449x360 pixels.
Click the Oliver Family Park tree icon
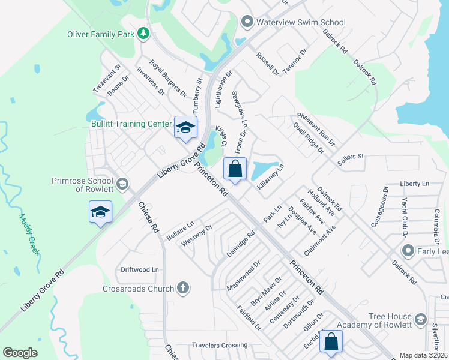click(143, 34)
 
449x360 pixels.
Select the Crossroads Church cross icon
click(184, 289)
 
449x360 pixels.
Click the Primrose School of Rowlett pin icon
click(122, 184)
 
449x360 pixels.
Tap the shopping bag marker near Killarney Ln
click(235, 169)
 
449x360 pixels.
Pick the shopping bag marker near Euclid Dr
click(331, 342)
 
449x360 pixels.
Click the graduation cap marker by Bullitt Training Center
click(185, 128)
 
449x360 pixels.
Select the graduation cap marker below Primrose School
click(100, 212)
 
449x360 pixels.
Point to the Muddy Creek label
click(29, 235)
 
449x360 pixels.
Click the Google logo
click(20, 352)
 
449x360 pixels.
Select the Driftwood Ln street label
click(140, 270)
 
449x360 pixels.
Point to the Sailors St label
click(351, 159)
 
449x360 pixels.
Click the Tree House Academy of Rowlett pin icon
click(420, 319)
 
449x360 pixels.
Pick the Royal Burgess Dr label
click(168, 79)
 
